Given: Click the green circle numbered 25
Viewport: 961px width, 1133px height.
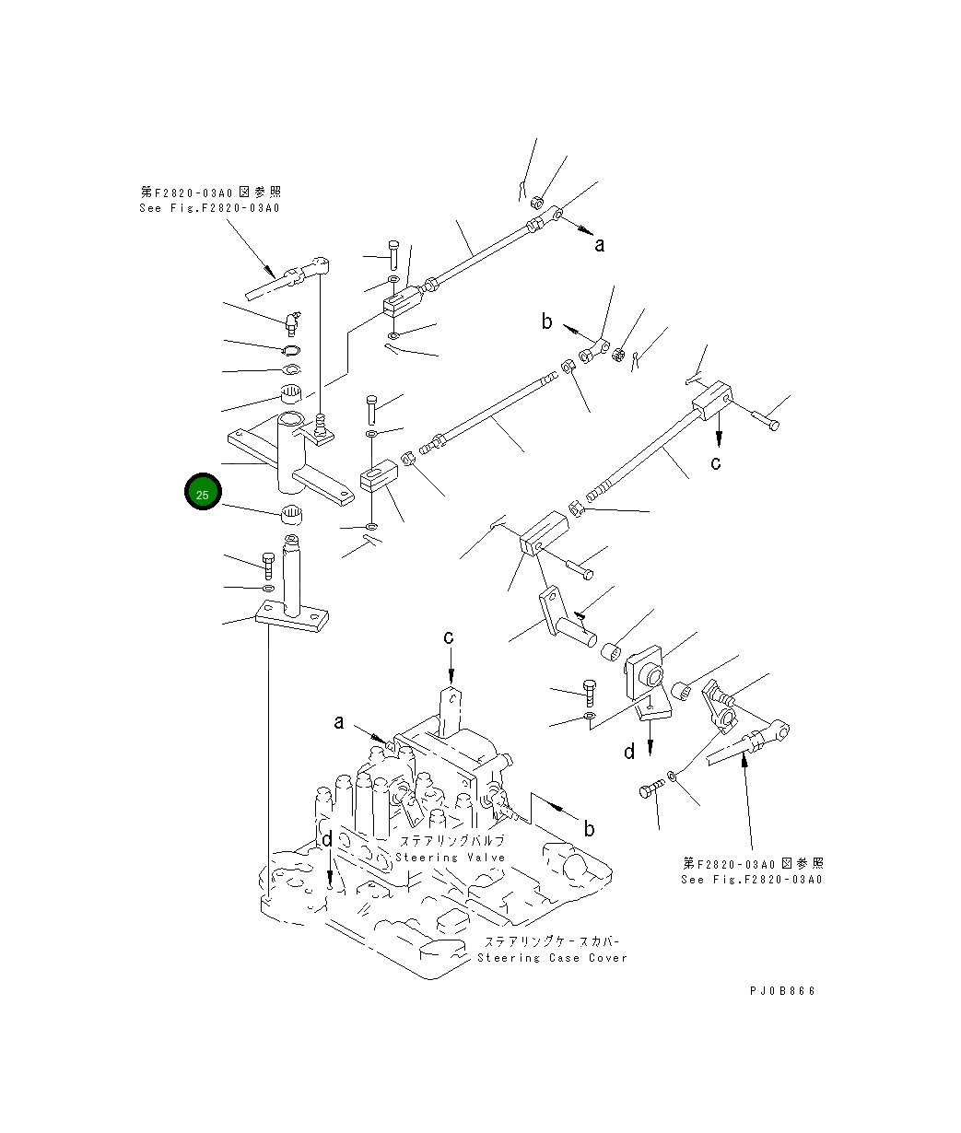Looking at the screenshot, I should (x=203, y=493).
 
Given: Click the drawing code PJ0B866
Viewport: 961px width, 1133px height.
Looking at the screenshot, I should (x=782, y=991).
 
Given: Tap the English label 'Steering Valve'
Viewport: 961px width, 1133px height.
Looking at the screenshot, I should (x=451, y=858).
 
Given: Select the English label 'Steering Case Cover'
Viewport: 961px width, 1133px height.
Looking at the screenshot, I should (x=552, y=958).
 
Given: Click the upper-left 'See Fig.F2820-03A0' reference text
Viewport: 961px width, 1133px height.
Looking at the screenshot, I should (x=209, y=208).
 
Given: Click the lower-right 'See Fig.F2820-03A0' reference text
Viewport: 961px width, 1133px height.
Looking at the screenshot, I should (x=752, y=879).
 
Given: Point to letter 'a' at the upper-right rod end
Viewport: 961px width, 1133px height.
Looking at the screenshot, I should (x=600, y=244).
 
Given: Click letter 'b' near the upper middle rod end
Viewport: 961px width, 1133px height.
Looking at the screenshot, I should (x=546, y=321).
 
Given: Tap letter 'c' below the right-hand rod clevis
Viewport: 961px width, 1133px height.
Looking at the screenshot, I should (x=716, y=462).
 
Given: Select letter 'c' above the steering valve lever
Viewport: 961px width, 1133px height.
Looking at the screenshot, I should (x=449, y=637).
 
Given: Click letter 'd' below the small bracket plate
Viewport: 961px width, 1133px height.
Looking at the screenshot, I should (x=629, y=752).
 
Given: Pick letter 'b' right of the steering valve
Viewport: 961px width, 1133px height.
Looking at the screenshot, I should (x=589, y=828).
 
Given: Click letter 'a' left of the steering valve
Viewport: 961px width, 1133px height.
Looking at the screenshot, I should (x=339, y=723).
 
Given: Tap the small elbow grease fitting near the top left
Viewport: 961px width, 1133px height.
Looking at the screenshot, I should (x=291, y=321).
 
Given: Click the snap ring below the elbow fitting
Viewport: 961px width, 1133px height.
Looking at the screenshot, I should (x=292, y=351).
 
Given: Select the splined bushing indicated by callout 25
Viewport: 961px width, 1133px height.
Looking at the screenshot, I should (x=292, y=513).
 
